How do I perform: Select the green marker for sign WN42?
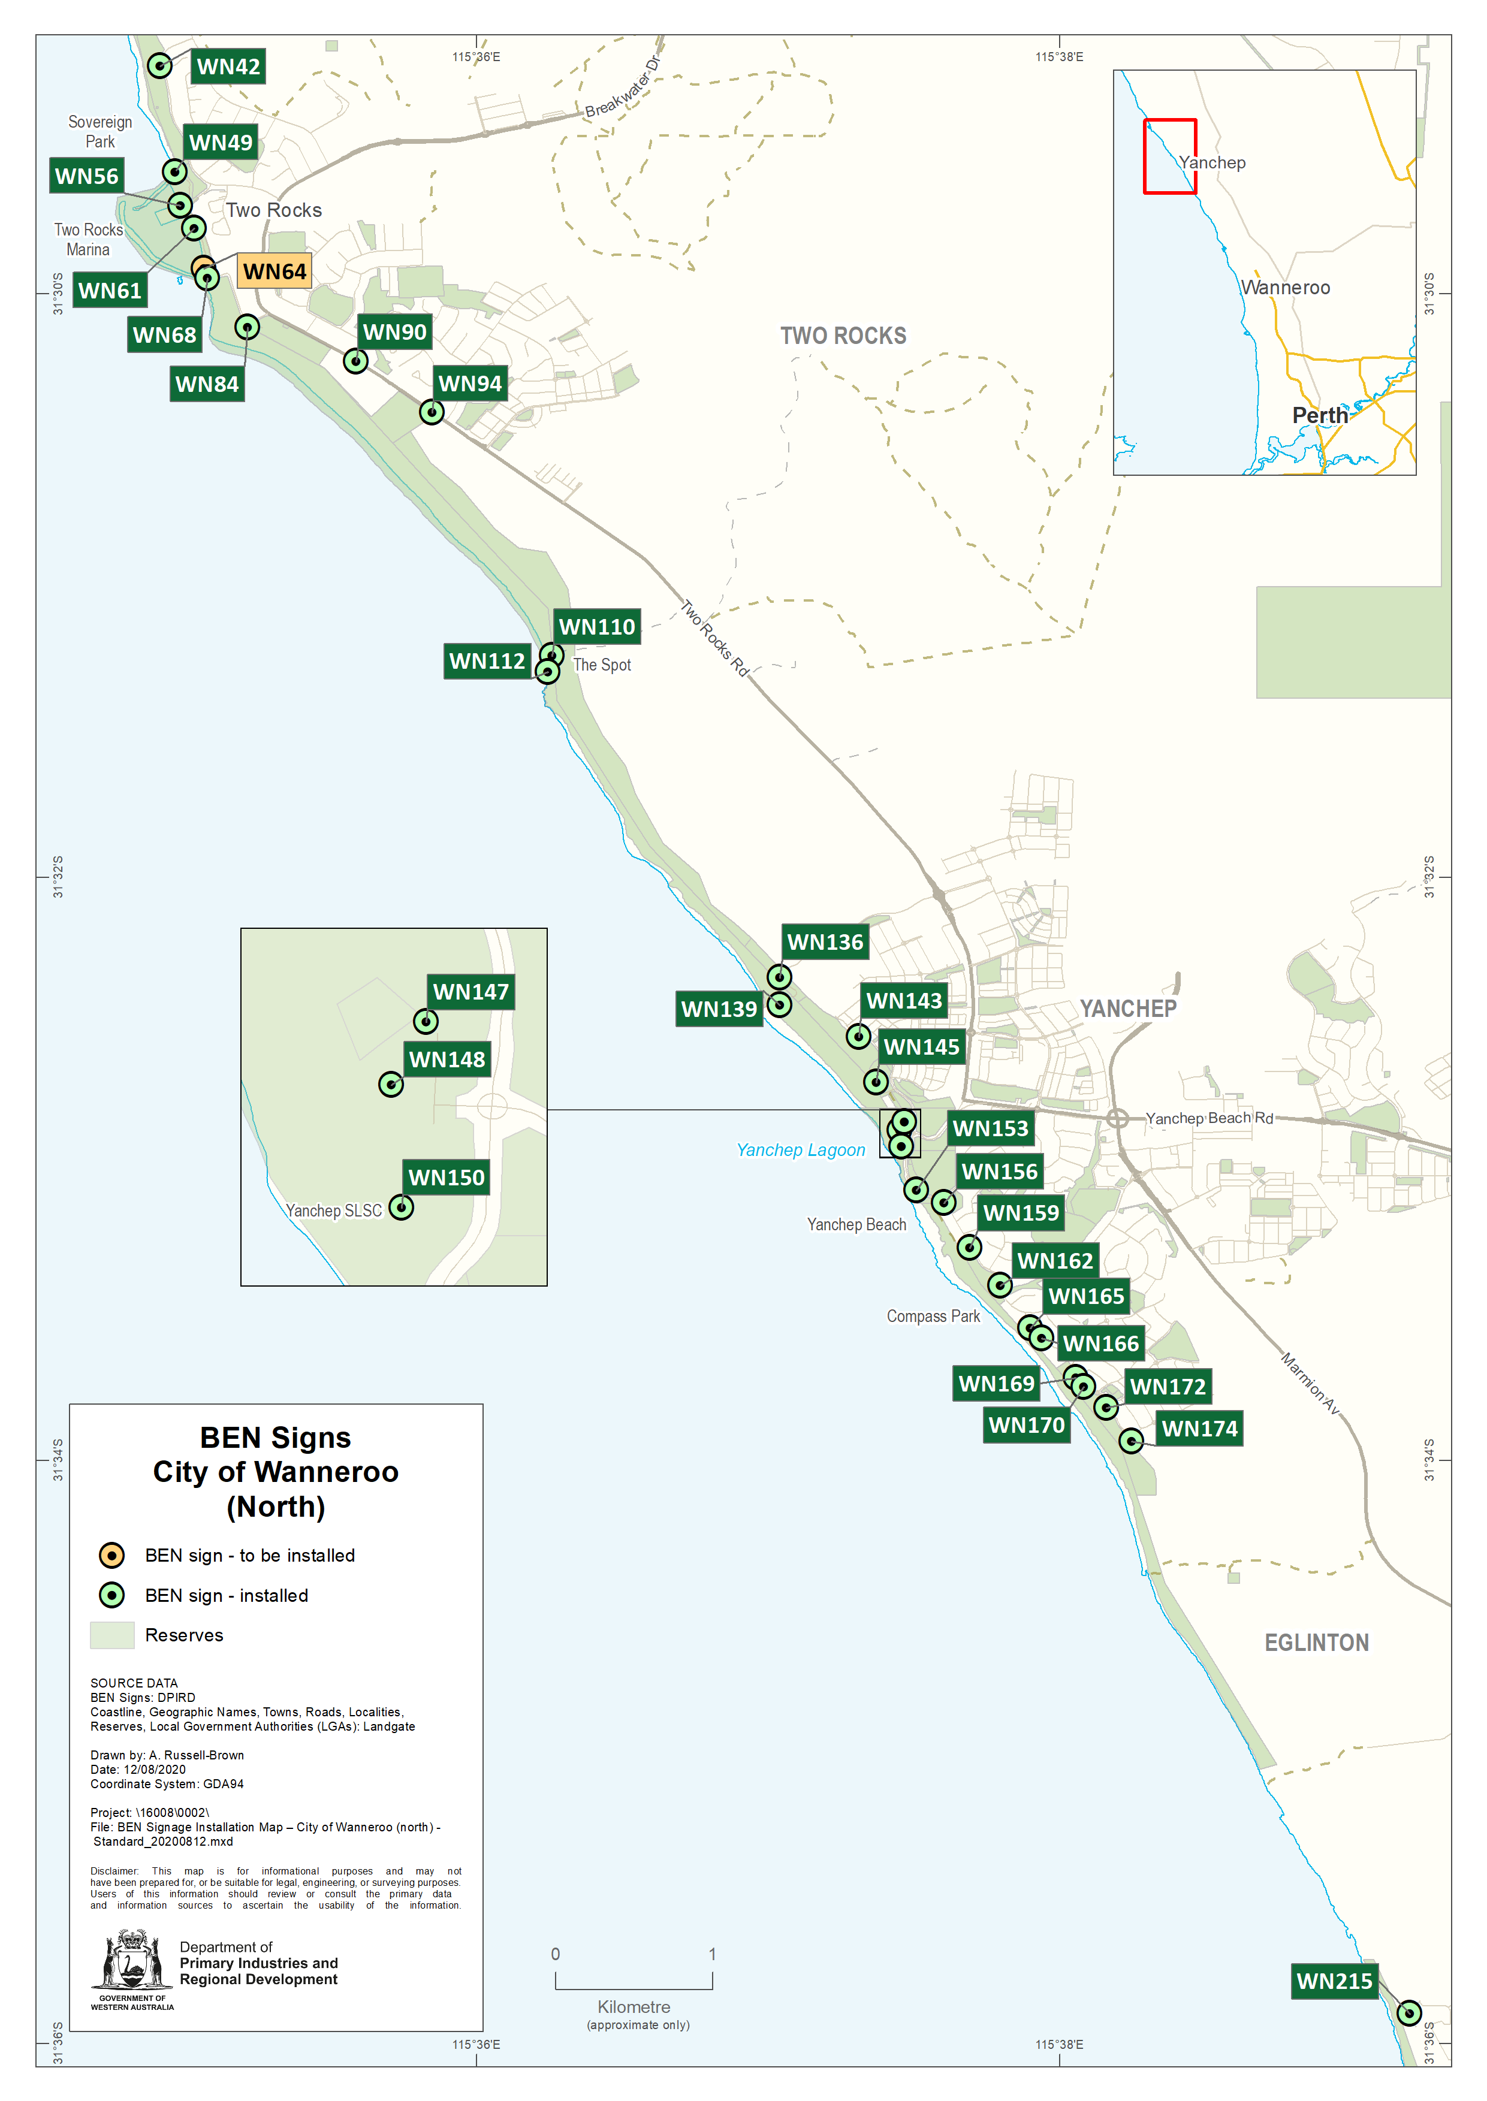coord(159,66)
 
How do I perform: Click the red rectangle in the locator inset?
coord(1169,156)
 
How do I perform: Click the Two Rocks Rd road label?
coord(714,638)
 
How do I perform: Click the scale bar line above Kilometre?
coord(634,1988)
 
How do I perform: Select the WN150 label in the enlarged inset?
coord(446,1178)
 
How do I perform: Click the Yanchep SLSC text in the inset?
coord(333,1211)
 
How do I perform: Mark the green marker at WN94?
coord(432,412)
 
